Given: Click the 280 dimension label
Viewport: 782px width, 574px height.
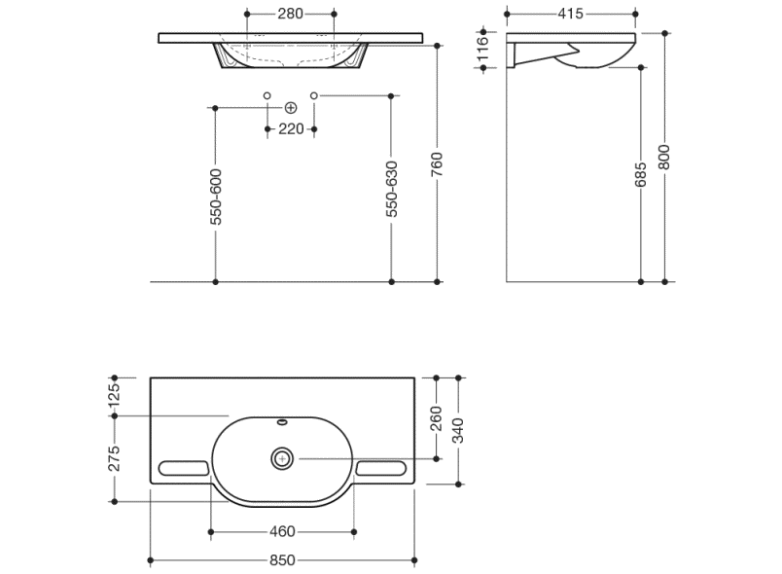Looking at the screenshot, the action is [290, 14].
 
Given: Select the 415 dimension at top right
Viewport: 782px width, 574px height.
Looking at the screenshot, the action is [571, 14].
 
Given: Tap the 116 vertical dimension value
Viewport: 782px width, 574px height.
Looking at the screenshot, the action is [482, 48].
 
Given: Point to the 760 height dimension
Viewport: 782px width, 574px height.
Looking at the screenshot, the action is [437, 164].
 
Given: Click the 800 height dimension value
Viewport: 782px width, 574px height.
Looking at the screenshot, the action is [663, 157].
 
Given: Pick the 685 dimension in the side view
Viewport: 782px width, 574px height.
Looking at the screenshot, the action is [640, 174].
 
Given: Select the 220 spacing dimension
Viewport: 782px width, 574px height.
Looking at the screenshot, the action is [291, 128].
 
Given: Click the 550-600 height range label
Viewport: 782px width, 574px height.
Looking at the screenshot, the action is [216, 197].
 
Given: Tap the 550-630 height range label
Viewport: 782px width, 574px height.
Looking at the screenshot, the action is [392, 189].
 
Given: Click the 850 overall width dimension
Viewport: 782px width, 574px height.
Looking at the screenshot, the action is [282, 560].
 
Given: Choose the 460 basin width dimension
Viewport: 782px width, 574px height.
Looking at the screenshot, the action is [282, 531].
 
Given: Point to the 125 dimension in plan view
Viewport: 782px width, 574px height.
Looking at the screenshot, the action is [114, 395].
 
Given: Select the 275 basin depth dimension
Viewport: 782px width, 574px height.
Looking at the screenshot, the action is [114, 458].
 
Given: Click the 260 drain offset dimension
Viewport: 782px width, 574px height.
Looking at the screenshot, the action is [436, 418].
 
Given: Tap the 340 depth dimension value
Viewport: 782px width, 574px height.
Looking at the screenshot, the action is [458, 431].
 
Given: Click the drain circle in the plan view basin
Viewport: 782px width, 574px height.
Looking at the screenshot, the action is [282, 458].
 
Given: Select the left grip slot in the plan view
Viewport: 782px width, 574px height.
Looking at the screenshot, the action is [183, 468].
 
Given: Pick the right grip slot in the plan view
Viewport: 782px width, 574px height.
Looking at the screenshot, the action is [381, 468].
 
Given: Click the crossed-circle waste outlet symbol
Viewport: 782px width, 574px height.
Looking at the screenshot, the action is [291, 108].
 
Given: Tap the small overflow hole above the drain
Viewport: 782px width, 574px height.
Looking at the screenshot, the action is [282, 423].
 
